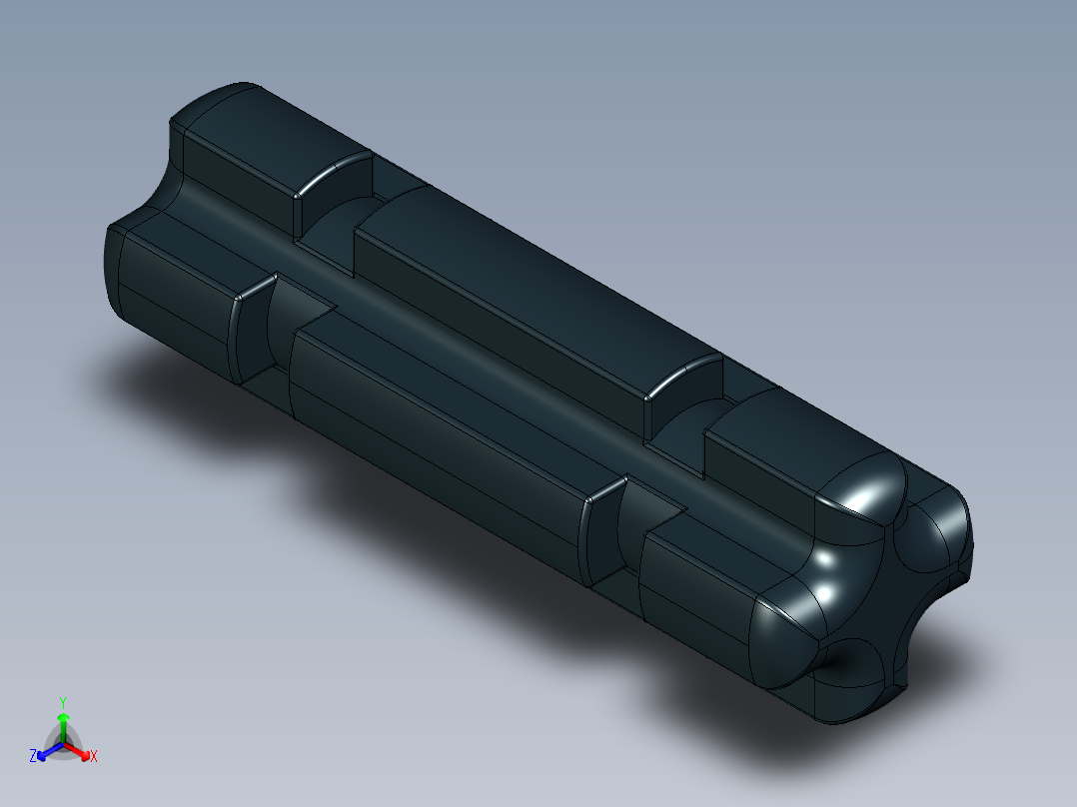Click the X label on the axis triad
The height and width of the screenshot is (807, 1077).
click(x=94, y=757)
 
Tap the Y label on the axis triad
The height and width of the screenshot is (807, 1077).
click(x=63, y=701)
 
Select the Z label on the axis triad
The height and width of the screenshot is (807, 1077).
click(x=33, y=756)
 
